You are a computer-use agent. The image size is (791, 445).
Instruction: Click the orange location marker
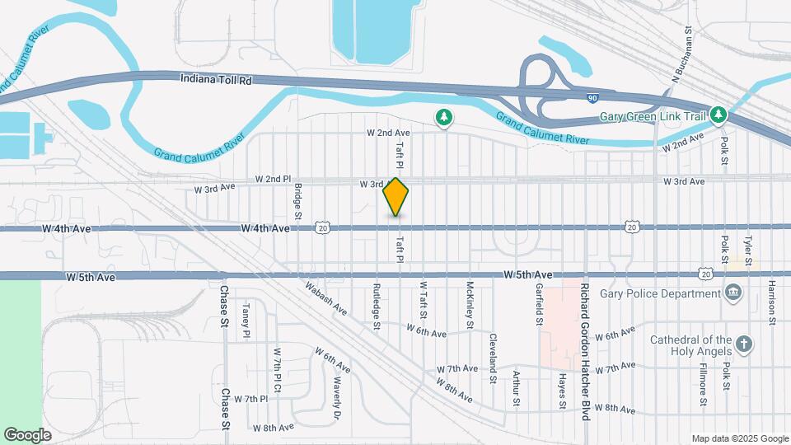click(x=396, y=197)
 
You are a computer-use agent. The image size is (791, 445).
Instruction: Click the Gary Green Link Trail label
click(x=656, y=115)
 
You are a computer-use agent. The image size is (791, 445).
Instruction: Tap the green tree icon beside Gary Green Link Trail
click(x=719, y=115)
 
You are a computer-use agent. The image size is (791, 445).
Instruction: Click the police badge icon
click(x=732, y=293)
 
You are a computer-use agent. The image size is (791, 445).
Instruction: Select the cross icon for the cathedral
click(x=744, y=344)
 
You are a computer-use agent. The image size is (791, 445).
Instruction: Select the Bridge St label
click(x=298, y=196)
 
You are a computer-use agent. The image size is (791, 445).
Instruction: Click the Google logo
click(x=27, y=434)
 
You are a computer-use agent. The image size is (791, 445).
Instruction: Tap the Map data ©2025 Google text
click(x=739, y=438)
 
